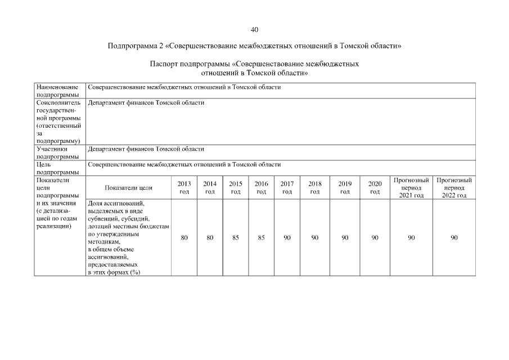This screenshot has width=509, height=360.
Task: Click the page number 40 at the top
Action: point(254,30)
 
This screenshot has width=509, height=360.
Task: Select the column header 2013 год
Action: point(184,188)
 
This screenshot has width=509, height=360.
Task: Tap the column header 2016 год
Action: point(262,188)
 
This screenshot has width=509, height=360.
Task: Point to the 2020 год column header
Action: point(375,188)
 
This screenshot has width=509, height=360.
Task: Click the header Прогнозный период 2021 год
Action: point(411,188)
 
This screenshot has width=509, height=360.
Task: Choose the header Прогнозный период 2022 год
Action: point(454,188)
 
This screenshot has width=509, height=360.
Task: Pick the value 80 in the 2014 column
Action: point(210,238)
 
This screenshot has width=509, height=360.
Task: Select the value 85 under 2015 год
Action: point(236,238)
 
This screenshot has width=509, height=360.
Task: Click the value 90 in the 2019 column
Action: point(345,238)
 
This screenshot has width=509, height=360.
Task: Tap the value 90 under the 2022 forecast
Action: point(454,238)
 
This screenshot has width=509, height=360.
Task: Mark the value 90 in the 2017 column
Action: point(287,238)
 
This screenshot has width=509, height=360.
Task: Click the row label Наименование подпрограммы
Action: point(57,91)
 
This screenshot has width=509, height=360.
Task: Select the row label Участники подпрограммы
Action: point(57,153)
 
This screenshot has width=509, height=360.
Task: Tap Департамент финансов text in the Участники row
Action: point(146,150)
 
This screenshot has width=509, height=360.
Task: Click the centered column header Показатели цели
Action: point(129,188)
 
